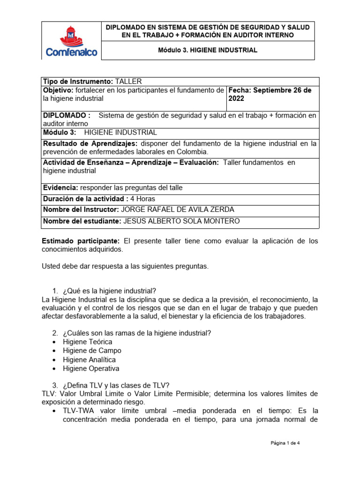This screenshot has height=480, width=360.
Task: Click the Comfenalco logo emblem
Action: click(x=72, y=35)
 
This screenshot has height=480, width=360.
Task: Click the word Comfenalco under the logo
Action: click(x=72, y=52)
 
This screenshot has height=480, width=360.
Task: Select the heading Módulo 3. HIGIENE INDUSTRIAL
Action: click(x=208, y=50)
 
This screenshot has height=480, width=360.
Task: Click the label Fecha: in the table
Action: click(x=240, y=90)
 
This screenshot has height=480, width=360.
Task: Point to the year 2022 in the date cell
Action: click(x=237, y=99)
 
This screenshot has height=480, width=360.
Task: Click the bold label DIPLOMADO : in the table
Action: click(x=67, y=115)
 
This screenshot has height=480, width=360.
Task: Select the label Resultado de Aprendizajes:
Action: click(x=90, y=143)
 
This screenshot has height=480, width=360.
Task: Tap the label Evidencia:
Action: click(x=60, y=188)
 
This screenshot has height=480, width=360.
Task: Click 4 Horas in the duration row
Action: click(x=142, y=198)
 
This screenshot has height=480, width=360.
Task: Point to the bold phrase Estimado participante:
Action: click(x=81, y=241)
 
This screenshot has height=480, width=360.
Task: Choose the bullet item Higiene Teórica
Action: click(x=88, y=342)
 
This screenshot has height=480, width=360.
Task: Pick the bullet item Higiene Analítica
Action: click(x=89, y=360)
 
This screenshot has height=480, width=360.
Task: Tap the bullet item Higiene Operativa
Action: click(x=91, y=368)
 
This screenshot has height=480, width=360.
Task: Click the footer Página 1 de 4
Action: click(x=285, y=442)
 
